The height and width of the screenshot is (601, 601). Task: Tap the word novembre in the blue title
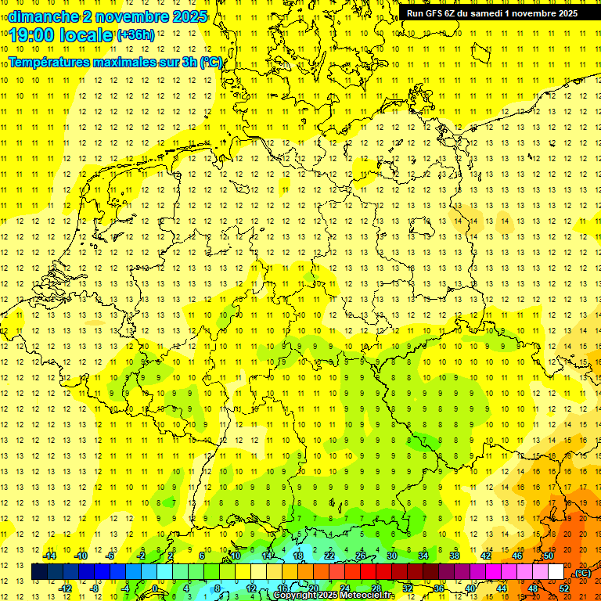124,16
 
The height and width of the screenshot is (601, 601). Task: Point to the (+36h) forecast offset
135,35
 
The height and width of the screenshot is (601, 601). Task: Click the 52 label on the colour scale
564,588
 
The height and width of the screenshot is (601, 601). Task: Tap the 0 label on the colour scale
155,588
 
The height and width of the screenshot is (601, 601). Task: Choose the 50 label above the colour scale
548,556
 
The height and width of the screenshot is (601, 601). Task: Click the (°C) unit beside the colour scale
582,573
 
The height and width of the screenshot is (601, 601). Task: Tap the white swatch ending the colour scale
556,572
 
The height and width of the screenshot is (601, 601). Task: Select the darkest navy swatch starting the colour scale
39,572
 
